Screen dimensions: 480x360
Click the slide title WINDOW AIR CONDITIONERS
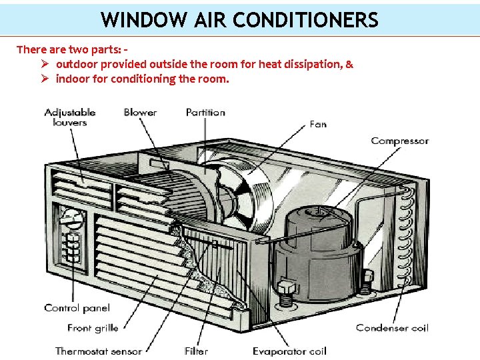click(239, 19)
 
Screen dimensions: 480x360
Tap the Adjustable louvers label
click(69, 117)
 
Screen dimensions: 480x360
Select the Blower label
click(140, 112)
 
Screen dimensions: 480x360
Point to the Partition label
click(205, 112)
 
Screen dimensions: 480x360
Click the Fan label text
click(318, 124)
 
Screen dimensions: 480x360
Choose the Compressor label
click(399, 141)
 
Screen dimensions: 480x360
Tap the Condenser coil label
click(391, 327)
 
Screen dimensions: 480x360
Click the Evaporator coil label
click(289, 351)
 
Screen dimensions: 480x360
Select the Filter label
click(196, 351)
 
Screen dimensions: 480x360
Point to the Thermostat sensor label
click(98, 351)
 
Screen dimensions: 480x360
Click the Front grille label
click(93, 327)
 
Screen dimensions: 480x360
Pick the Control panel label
click(77, 308)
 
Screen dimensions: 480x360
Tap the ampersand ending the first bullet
click(349, 65)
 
